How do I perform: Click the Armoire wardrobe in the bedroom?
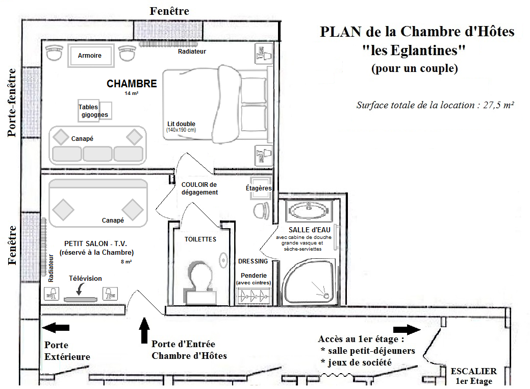(x=90, y=56)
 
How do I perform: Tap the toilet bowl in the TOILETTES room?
(x=198, y=278)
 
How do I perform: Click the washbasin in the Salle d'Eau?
(x=308, y=209)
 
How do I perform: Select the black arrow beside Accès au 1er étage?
(x=407, y=329)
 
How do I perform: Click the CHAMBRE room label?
(x=132, y=84)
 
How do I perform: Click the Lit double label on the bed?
(x=181, y=124)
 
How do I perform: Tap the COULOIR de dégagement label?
(x=199, y=188)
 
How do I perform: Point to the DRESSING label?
(x=253, y=261)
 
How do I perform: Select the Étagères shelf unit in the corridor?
(x=259, y=188)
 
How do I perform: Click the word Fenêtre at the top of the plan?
(x=169, y=11)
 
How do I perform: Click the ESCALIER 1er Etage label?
(x=473, y=376)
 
